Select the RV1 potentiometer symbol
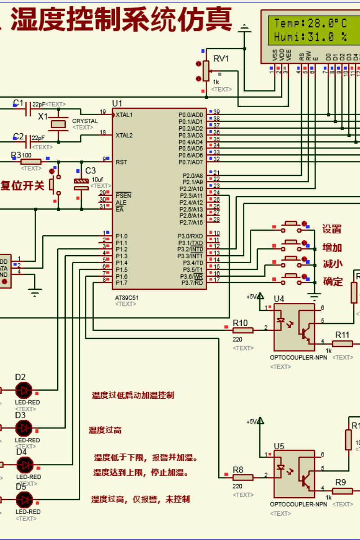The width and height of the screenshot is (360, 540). [x=206, y=71]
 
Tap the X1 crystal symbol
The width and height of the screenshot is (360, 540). [x=58, y=124]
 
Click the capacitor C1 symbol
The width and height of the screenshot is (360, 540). [x=28, y=108]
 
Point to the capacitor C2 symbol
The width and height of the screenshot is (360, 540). [x=28, y=141]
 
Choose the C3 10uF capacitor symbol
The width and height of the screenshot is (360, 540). [x=81, y=183]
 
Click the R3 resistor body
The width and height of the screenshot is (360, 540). [x=31, y=162]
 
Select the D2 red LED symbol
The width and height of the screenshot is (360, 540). [x=23, y=390]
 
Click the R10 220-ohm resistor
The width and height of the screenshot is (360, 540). [x=243, y=330]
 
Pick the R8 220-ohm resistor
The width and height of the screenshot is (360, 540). [x=243, y=477]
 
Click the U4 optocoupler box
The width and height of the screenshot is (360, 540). [x=294, y=327]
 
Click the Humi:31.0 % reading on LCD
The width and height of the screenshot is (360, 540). [x=310, y=37]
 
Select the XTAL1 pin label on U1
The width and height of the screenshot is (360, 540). [x=124, y=115]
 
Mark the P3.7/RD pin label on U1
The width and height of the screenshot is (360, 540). [x=192, y=283]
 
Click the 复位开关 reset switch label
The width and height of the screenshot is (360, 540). [x=22, y=185]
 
